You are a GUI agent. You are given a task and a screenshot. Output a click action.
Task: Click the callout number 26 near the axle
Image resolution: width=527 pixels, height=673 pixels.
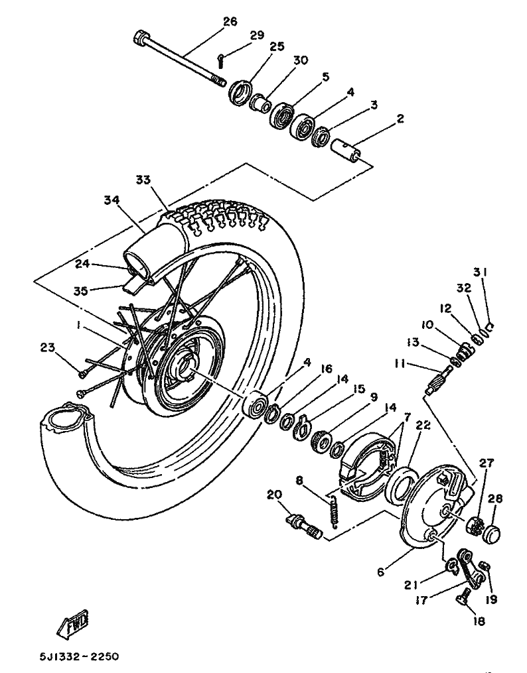pos(230,21)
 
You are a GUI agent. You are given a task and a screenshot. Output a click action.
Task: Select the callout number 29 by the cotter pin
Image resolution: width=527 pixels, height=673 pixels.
pos(257,35)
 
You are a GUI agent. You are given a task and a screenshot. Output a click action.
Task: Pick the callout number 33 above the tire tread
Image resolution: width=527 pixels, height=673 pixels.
pos(143,180)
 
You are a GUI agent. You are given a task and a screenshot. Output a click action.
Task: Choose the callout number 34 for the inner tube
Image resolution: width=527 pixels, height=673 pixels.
pos(112,200)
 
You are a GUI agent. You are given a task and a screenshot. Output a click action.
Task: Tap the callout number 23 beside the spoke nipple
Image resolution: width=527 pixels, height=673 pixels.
pos(48,347)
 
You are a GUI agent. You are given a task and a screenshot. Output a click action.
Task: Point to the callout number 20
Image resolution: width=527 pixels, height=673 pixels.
pos(274,495)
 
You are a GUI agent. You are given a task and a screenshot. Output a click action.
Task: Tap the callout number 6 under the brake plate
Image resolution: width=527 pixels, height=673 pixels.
pos(380,572)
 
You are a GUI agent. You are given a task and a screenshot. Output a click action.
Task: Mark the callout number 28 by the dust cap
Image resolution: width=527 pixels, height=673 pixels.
pos(494,499)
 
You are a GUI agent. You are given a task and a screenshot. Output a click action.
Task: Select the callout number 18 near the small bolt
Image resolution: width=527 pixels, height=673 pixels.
pos(479,621)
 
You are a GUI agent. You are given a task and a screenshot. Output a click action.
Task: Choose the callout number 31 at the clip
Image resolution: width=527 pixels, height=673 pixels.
pos(481,272)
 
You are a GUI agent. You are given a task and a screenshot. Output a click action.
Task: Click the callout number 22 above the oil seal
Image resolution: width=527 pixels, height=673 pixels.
pos(423,424)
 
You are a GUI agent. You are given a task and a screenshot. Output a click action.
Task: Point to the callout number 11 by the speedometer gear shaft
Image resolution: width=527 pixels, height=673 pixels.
pos(400,363)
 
